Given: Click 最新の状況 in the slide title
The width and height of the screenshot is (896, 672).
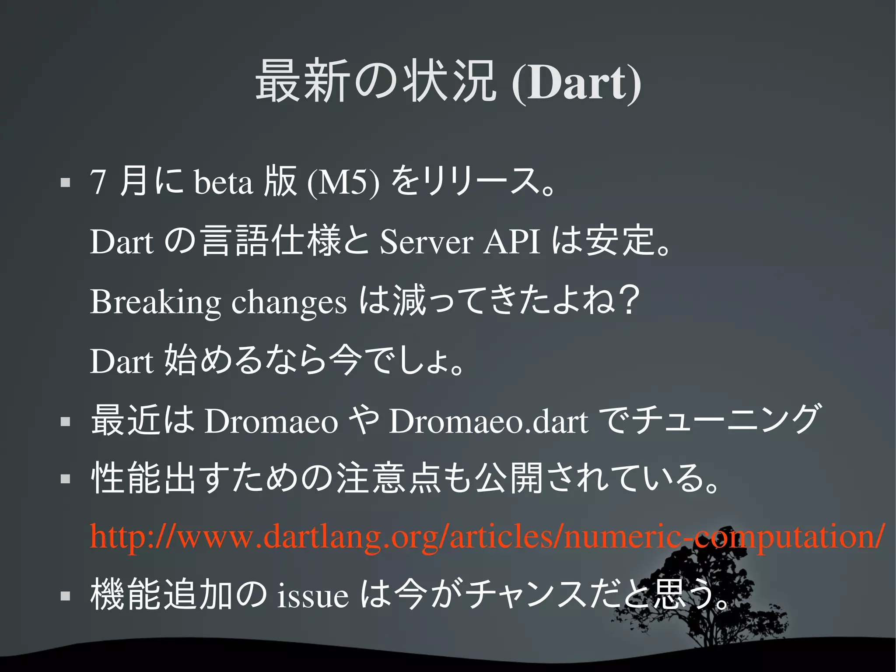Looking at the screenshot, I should tap(375, 82).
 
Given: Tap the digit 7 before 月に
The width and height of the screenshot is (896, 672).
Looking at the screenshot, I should tap(98, 182).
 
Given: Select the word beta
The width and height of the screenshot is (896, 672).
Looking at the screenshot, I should tap(223, 182).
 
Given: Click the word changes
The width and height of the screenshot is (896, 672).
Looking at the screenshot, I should tap(289, 302).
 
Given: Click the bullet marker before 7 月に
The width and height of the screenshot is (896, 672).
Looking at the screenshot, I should tap(65, 183).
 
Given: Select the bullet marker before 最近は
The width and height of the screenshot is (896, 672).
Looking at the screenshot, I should tap(65, 422).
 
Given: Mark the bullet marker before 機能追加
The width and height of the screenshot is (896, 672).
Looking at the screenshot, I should tap(65, 596).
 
